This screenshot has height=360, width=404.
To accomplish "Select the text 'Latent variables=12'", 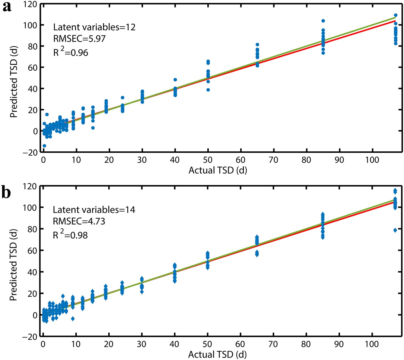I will [94, 27].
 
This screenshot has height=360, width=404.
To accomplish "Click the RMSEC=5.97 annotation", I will [79, 39].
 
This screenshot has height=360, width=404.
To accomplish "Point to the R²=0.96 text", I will [71, 52].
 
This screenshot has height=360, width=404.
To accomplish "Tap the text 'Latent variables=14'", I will [94, 210].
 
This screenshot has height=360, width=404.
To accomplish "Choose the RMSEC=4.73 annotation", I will [79, 221].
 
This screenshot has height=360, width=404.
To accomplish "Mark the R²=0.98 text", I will [70, 235].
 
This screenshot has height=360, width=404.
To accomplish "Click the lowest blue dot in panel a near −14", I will [44, 146].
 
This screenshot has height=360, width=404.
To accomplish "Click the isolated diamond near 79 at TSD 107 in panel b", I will [395, 230].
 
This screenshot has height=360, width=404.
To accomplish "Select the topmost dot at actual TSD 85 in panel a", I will [323, 21].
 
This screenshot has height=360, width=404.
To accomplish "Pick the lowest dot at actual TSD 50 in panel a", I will [208, 90].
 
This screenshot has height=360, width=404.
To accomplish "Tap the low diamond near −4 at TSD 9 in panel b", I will [73, 319].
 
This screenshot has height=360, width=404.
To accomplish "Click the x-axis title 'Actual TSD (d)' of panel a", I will [218, 170].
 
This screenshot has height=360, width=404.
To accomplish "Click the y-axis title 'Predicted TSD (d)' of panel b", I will [13, 265].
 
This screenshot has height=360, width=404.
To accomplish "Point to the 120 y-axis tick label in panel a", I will [30, 4].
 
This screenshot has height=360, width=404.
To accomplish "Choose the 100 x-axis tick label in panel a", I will [372, 160].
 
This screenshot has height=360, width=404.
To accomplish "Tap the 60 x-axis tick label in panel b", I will [240, 344].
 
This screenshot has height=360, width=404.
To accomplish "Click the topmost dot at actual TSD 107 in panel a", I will [396, 15].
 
